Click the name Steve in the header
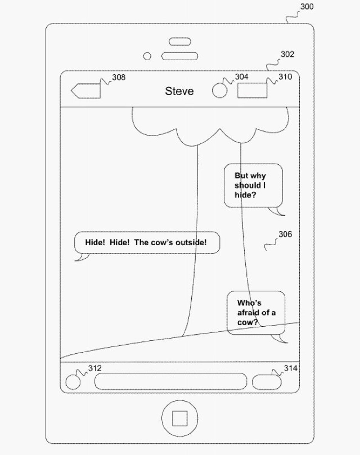pyautogui.click(x=179, y=91)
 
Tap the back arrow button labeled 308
pyautogui.click(x=86, y=91)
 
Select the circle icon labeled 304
pyautogui.click(x=220, y=90)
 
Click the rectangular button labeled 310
pyautogui.click(x=252, y=91)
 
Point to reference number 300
pyautogui.click(x=307, y=7)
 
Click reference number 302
pyautogui.click(x=287, y=54)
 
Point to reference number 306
pyautogui.click(x=285, y=234)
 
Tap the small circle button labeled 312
pyautogui.click(x=73, y=382)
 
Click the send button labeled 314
pyautogui.click(x=266, y=382)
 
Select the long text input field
pyautogui.click(x=171, y=382)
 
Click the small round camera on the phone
pyautogui.click(x=147, y=56)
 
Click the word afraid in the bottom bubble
pyautogui.click(x=248, y=313)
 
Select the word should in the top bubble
pyautogui.click(x=247, y=185)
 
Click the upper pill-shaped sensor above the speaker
pyautogui.click(x=180, y=41)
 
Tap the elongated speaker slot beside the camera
pyautogui.click(x=180, y=56)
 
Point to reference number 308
pyautogui.click(x=119, y=77)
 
